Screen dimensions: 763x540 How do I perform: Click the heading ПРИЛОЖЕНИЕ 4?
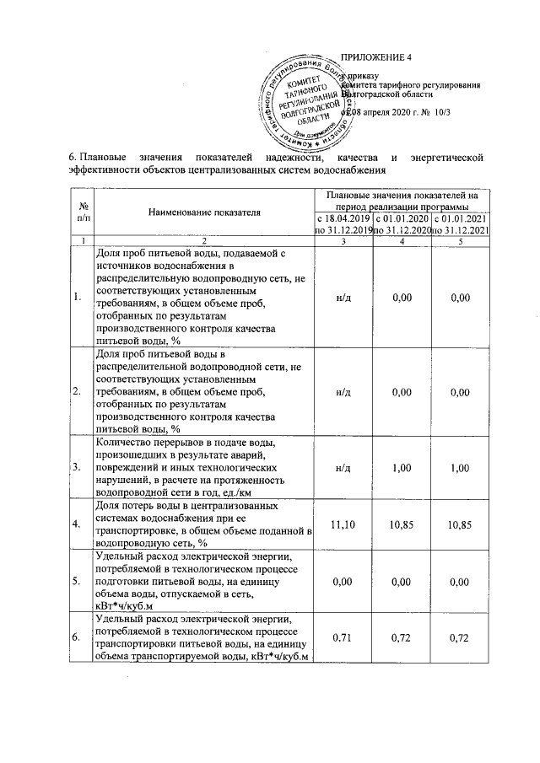pos(375,58)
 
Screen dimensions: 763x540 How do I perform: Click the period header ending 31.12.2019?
pos(343,224)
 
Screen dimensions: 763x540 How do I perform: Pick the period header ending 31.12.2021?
pos(460,224)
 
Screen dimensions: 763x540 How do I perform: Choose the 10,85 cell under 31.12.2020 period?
pos(402,524)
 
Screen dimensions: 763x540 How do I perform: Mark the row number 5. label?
pos(78,581)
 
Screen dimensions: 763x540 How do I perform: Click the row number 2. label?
pos(78,391)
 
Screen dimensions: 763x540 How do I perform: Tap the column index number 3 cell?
pos(343,242)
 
